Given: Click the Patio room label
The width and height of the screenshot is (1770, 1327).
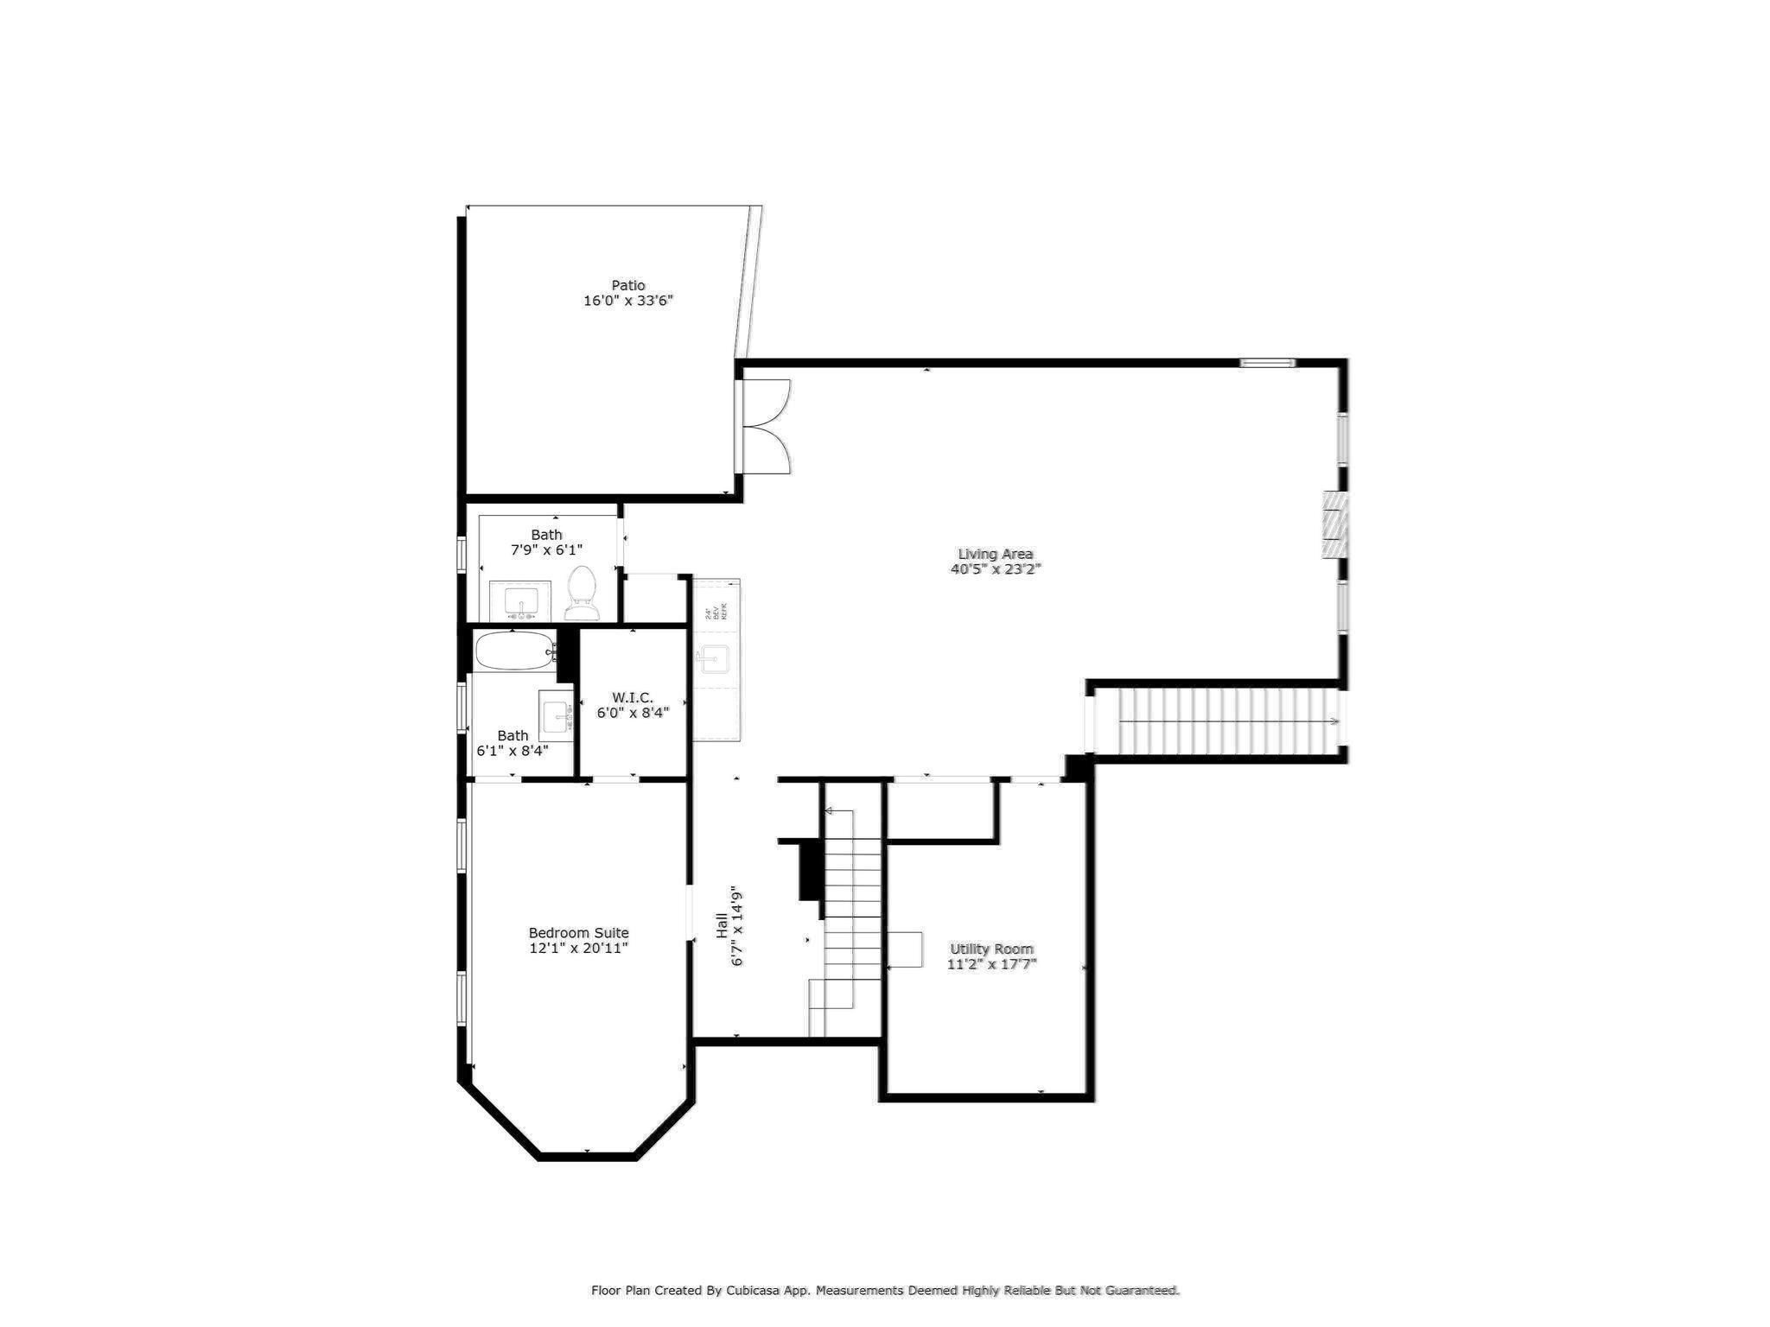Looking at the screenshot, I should click(x=628, y=285).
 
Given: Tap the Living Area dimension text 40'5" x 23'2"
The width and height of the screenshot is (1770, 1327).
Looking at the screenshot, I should click(x=996, y=569).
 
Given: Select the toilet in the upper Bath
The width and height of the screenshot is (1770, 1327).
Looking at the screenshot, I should click(x=582, y=594).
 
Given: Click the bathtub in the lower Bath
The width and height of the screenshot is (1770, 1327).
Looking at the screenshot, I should click(x=514, y=651).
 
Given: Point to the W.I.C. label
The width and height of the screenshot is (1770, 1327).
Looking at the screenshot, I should click(x=633, y=697).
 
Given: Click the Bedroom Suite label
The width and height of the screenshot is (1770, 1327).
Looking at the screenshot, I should click(x=578, y=933).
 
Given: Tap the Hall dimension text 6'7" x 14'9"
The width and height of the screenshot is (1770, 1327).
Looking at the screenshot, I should click(x=737, y=925).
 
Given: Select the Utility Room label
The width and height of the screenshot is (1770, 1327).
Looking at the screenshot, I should click(x=991, y=949).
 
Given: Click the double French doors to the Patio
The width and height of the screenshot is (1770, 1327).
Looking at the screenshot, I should click(x=766, y=426).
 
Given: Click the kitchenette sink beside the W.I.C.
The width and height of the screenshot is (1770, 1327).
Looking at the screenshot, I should click(x=715, y=658).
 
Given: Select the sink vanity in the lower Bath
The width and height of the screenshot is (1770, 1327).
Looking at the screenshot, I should click(x=556, y=715).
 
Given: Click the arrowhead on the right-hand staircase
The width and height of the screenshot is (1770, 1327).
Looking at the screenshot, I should click(x=1335, y=721).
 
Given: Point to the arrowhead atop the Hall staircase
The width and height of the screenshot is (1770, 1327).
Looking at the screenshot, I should click(x=829, y=811).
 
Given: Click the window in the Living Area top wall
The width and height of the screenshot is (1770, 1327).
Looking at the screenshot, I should click(x=1267, y=363).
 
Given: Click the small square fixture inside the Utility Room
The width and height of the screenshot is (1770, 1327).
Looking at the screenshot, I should click(x=905, y=949).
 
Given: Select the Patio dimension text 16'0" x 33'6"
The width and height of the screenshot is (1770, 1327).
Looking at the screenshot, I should click(x=628, y=302).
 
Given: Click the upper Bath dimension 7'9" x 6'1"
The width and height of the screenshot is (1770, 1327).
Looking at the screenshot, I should click(x=546, y=549).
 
